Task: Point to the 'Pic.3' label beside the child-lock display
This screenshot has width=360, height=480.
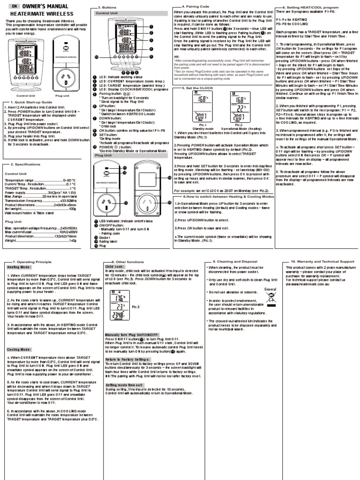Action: (x=136, y=307)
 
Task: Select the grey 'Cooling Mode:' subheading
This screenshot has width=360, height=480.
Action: (x=19, y=349)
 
